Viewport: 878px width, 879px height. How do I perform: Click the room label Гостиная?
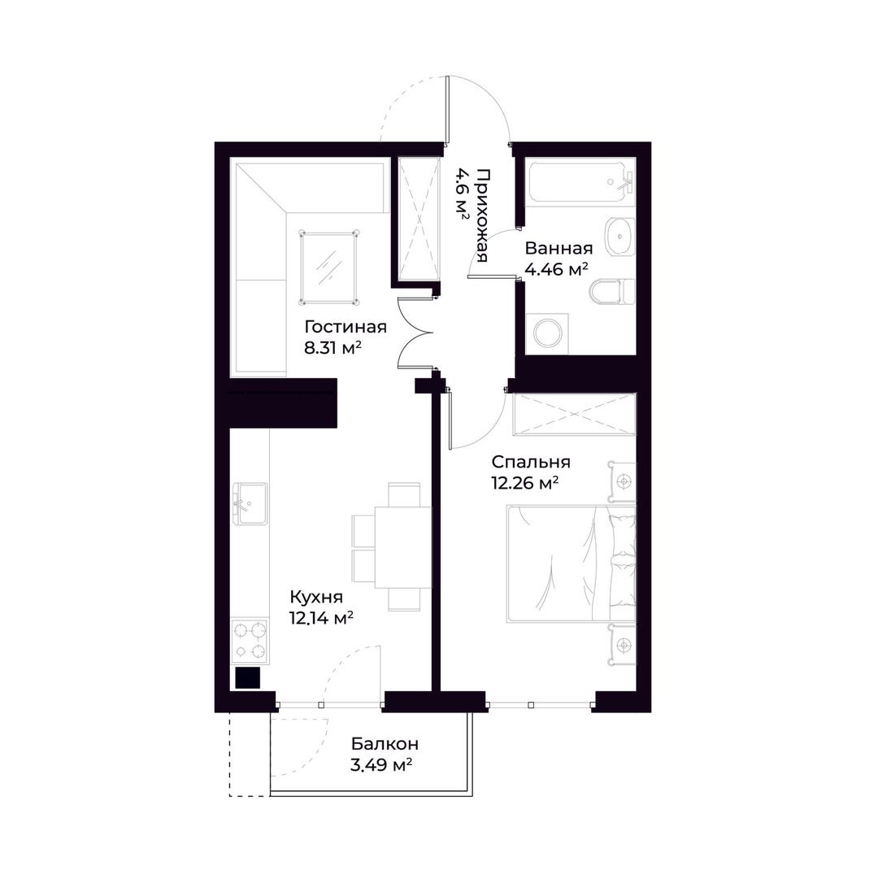click(346, 327)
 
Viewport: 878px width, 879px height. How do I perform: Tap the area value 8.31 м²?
click(332, 348)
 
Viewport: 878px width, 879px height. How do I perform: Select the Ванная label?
click(559, 248)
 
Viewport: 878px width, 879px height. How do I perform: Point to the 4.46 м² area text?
click(556, 270)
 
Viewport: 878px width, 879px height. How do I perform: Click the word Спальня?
click(531, 462)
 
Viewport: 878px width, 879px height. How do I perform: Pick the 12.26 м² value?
click(525, 483)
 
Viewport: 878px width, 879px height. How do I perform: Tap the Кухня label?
click(316, 597)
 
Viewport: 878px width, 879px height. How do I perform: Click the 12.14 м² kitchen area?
click(320, 618)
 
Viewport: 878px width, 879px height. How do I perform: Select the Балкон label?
click(385, 744)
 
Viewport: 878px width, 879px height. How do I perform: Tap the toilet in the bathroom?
click(612, 291)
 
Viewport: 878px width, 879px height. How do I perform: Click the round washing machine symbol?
click(547, 333)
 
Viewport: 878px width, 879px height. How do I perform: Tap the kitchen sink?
click(250, 503)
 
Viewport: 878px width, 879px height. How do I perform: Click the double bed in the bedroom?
click(571, 564)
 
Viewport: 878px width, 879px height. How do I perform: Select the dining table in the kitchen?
click(403, 547)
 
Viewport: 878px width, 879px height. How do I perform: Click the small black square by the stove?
click(247, 678)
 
